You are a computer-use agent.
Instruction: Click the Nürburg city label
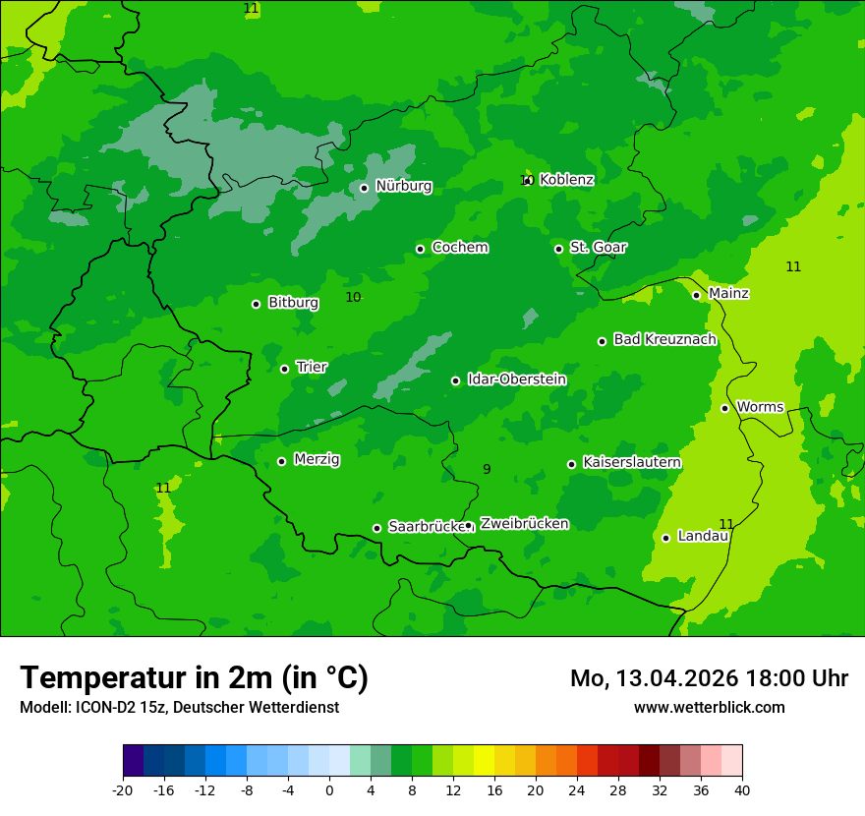point(403,186)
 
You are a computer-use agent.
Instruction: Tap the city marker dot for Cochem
point(420,249)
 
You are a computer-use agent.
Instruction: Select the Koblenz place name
point(566,180)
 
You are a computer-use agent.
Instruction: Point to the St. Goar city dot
point(558,249)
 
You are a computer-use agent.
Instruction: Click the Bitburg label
point(293,303)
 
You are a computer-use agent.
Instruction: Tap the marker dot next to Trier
point(284,369)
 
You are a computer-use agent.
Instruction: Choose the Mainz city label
point(728,293)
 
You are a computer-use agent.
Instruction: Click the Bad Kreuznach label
point(664,339)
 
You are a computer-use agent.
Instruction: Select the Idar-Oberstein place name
point(516,379)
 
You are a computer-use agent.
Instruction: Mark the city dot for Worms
point(724,408)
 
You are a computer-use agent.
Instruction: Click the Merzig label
point(317,459)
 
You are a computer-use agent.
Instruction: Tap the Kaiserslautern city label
point(632,462)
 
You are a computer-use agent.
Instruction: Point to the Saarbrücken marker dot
point(376,528)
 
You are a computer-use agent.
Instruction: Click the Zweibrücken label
point(524,524)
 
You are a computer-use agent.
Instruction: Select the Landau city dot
point(665,538)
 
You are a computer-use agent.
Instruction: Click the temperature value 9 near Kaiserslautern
point(487,470)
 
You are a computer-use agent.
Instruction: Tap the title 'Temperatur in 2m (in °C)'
point(194,678)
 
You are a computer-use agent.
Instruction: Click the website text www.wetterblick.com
point(709,708)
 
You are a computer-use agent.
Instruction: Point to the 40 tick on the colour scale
point(742,790)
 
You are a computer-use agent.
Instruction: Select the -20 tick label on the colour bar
point(123,790)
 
